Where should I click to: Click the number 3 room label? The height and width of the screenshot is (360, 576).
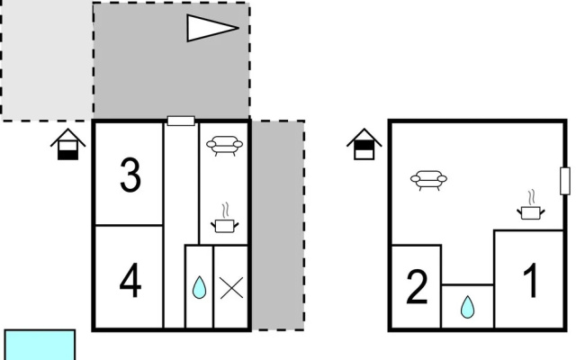pyautogui.click(x=130, y=175)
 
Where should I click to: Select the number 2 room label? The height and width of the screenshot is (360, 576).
pyautogui.click(x=417, y=287)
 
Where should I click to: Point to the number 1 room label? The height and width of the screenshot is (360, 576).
pyautogui.click(x=531, y=281)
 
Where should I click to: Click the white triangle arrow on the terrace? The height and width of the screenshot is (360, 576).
pyautogui.click(x=212, y=28)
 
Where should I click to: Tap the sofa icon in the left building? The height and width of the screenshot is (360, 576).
pyautogui.click(x=224, y=146)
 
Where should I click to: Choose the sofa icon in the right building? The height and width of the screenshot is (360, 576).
pyautogui.click(x=428, y=180)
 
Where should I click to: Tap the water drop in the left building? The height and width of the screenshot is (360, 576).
pyautogui.click(x=200, y=287)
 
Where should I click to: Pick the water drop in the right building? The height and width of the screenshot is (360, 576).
pyautogui.click(x=467, y=307)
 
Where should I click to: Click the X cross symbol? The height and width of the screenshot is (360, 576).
pyautogui.click(x=231, y=288)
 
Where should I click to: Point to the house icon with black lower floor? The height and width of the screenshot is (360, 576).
pyautogui.click(x=68, y=144)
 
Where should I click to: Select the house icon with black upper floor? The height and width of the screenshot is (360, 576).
pyautogui.click(x=364, y=144)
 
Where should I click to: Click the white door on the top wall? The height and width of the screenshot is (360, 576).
pyautogui.click(x=181, y=121)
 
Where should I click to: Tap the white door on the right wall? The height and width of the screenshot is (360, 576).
pyautogui.click(x=565, y=181)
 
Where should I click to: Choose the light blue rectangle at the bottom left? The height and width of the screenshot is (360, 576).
pyautogui.click(x=40, y=345)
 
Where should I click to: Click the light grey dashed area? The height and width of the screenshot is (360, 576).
pyautogui.click(x=47, y=60)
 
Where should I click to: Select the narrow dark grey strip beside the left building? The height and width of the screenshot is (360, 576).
pyautogui.click(x=278, y=225)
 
